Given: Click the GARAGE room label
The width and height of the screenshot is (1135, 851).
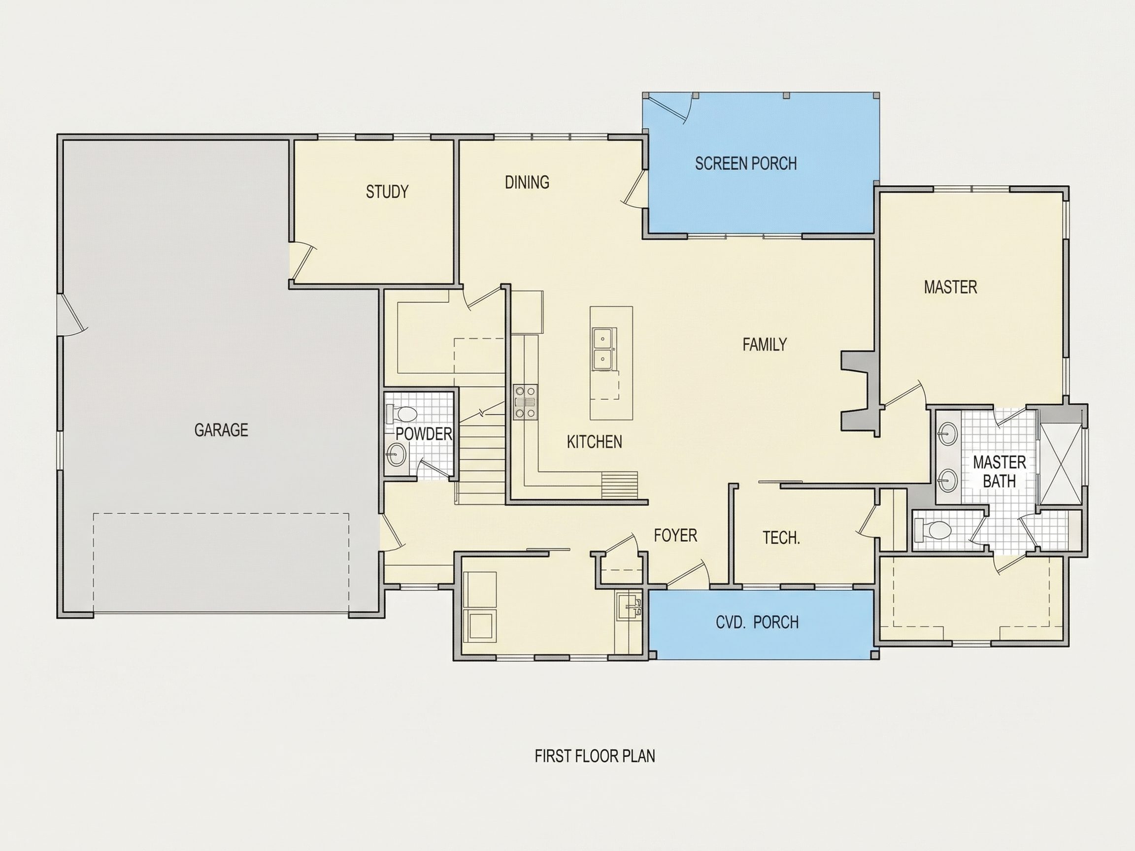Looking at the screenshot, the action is click(x=221, y=430).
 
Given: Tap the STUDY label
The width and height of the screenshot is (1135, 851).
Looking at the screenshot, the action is click(x=387, y=192).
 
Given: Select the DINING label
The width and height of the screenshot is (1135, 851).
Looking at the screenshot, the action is click(x=527, y=182).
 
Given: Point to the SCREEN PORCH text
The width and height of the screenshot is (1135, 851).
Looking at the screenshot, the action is click(x=746, y=164).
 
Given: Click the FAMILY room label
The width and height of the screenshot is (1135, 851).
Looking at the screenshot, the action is click(x=765, y=344).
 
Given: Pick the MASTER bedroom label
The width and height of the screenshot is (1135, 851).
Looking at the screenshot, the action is click(x=950, y=287).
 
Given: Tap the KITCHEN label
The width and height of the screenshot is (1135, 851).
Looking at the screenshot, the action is click(x=594, y=442).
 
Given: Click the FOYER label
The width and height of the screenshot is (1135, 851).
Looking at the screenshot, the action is click(x=675, y=535).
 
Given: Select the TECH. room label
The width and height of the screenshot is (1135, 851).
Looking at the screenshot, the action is click(x=781, y=538).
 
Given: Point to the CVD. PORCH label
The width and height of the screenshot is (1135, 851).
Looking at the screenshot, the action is click(x=757, y=622).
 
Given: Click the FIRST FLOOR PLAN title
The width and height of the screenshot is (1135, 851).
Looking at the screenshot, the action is click(x=595, y=756).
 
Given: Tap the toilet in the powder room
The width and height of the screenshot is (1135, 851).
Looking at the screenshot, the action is click(x=403, y=413).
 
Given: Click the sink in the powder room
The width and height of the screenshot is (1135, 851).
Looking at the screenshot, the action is click(x=396, y=454).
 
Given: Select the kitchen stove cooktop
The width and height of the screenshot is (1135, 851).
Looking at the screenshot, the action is click(x=526, y=402).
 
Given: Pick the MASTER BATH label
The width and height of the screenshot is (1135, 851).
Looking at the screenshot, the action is click(x=999, y=472).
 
